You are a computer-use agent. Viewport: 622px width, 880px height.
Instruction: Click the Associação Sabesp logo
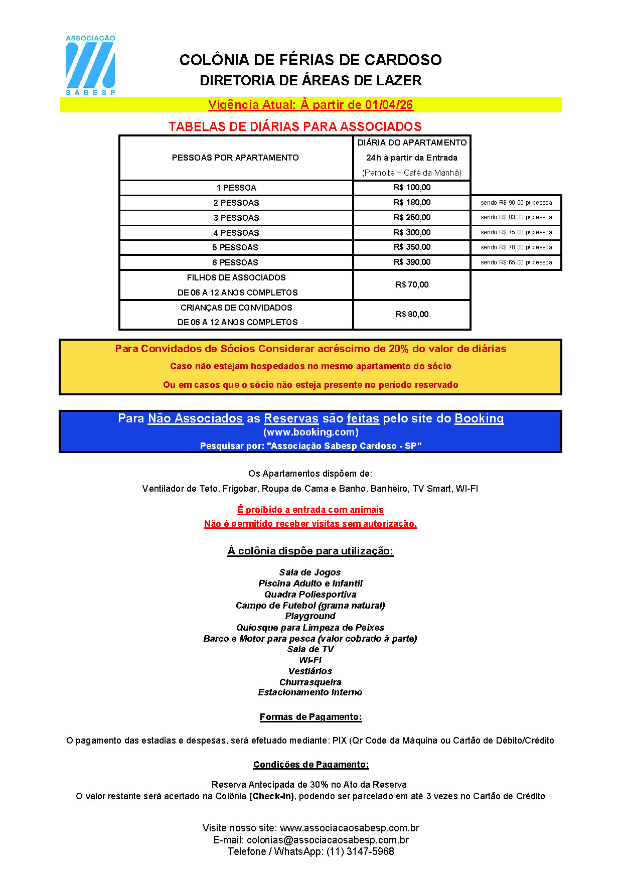[x=90, y=65]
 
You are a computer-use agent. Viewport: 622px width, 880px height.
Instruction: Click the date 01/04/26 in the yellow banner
[x=389, y=105]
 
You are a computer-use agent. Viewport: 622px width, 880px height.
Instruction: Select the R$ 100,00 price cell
[x=412, y=188]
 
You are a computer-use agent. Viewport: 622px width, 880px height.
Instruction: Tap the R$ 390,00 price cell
[x=412, y=262]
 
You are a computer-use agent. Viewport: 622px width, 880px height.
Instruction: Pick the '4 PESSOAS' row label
[x=236, y=233]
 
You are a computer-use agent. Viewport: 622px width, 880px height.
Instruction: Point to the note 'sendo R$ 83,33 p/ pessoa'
[x=516, y=218]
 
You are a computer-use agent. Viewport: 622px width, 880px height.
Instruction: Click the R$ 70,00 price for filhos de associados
[x=412, y=285]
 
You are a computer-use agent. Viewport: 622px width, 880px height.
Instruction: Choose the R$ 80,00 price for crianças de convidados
[x=412, y=315]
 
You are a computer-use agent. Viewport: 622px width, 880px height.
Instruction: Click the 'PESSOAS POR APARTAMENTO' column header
[x=235, y=158]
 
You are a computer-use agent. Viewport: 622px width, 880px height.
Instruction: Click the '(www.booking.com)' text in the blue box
[x=310, y=432]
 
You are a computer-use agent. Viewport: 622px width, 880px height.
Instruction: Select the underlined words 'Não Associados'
[x=195, y=418]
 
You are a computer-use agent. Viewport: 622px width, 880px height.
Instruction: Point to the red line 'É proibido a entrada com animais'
[x=310, y=510]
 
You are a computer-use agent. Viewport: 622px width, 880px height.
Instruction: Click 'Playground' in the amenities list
[x=310, y=616]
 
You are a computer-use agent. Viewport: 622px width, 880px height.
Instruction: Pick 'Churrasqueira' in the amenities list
[x=310, y=682]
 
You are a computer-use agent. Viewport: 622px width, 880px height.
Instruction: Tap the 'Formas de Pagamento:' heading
[x=310, y=717]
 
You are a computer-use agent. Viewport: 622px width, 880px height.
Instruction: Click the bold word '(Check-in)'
[x=271, y=796]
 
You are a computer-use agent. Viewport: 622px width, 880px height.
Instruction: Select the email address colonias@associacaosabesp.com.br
[x=328, y=840]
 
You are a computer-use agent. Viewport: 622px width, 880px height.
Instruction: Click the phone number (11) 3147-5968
[x=360, y=851]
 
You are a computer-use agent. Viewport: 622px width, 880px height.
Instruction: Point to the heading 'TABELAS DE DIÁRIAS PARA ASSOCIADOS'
[x=295, y=127]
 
